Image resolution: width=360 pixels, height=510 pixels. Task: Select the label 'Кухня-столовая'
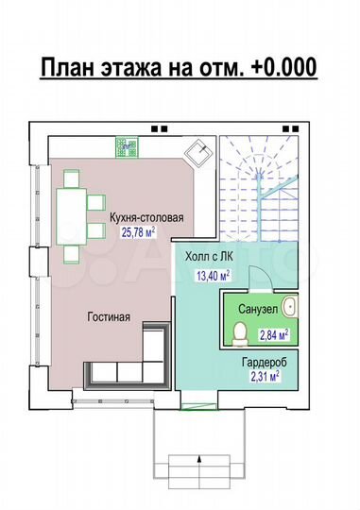click(146, 218)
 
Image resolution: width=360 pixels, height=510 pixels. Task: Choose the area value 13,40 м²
click(214, 276)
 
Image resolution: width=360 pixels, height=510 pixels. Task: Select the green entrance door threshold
click(198, 405)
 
